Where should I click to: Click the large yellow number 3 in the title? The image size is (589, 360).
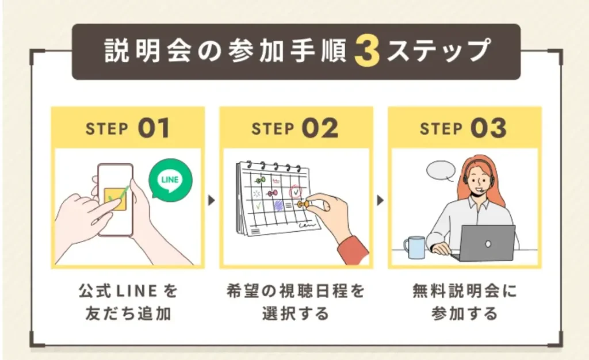coord(366,52)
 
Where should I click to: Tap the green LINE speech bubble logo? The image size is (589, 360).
coord(170,179)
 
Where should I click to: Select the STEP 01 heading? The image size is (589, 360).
coord(128,128)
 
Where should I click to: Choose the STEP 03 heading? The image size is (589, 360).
coord(464,128)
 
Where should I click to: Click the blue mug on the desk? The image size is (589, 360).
coord(414,247)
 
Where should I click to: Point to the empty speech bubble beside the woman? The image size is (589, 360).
coord(441,170)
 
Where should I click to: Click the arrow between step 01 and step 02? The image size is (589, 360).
coord(211,201)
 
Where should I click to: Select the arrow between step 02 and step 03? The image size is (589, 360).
coord(380,201)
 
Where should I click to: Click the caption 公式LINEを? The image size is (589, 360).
coord(128,292)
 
